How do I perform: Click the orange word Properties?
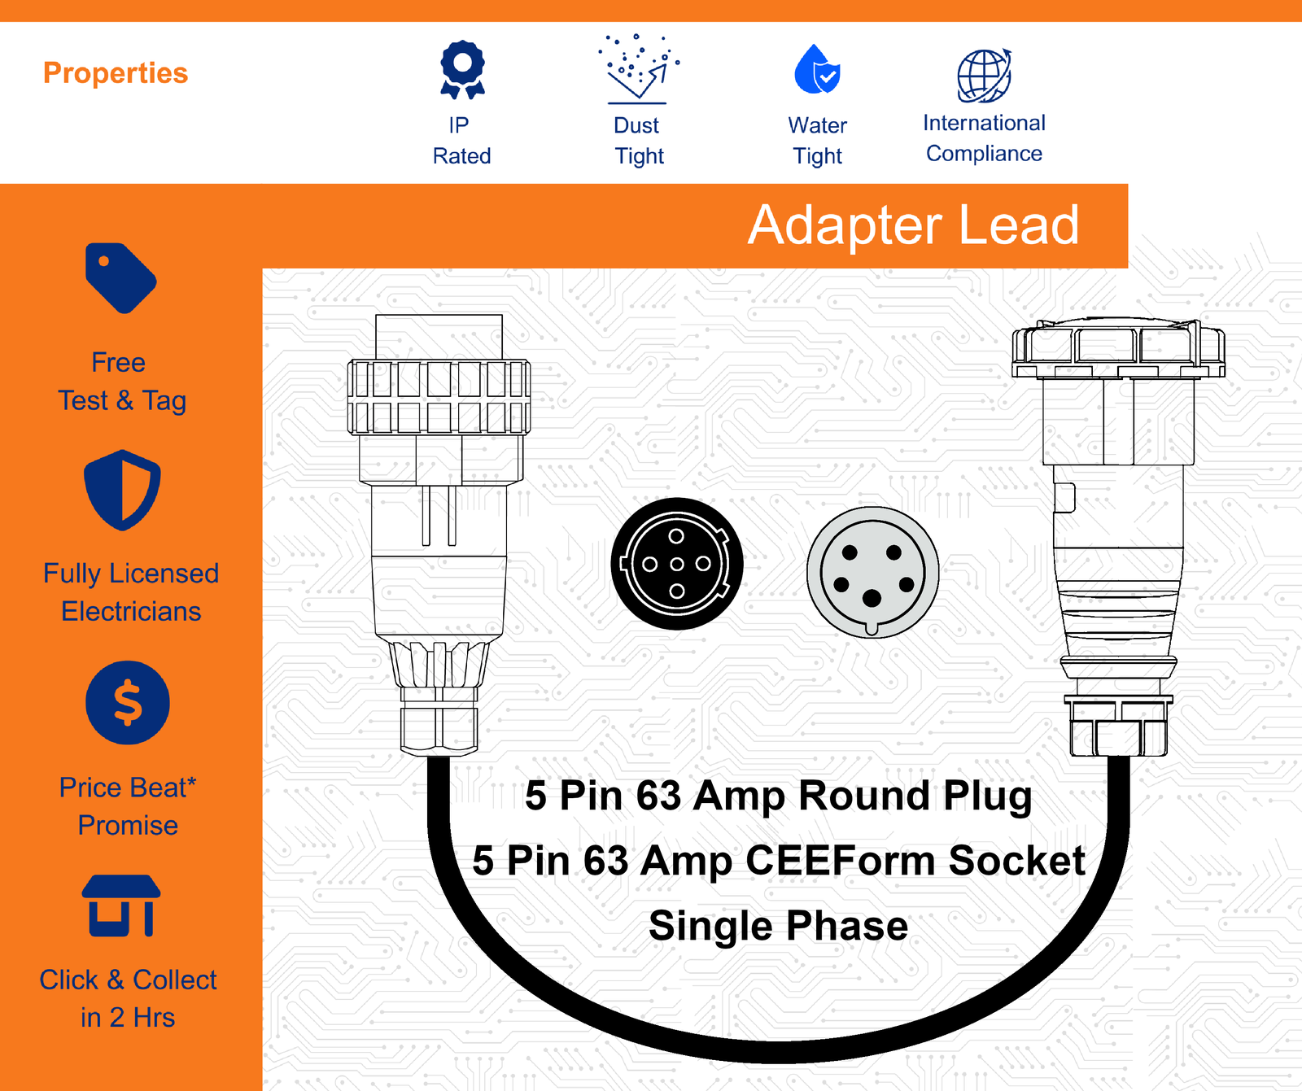(x=116, y=73)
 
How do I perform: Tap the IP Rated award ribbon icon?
(x=462, y=70)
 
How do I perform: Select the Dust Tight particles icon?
(x=638, y=69)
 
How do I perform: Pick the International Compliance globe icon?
(x=985, y=76)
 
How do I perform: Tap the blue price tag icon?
(x=120, y=277)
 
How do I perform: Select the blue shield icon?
(x=122, y=490)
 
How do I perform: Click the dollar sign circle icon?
(x=128, y=703)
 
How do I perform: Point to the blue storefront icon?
(x=121, y=906)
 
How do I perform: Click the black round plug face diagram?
(x=677, y=564)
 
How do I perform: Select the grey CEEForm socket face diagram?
(x=872, y=571)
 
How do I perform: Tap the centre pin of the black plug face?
(x=677, y=564)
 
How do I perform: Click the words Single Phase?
(x=778, y=926)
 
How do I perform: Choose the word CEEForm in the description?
(x=841, y=861)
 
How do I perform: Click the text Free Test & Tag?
(x=122, y=382)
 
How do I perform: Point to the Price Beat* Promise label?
(x=128, y=806)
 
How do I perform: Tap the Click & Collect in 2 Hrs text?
(x=128, y=998)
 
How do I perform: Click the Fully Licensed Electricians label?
(x=131, y=592)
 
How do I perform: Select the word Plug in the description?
(x=988, y=796)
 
